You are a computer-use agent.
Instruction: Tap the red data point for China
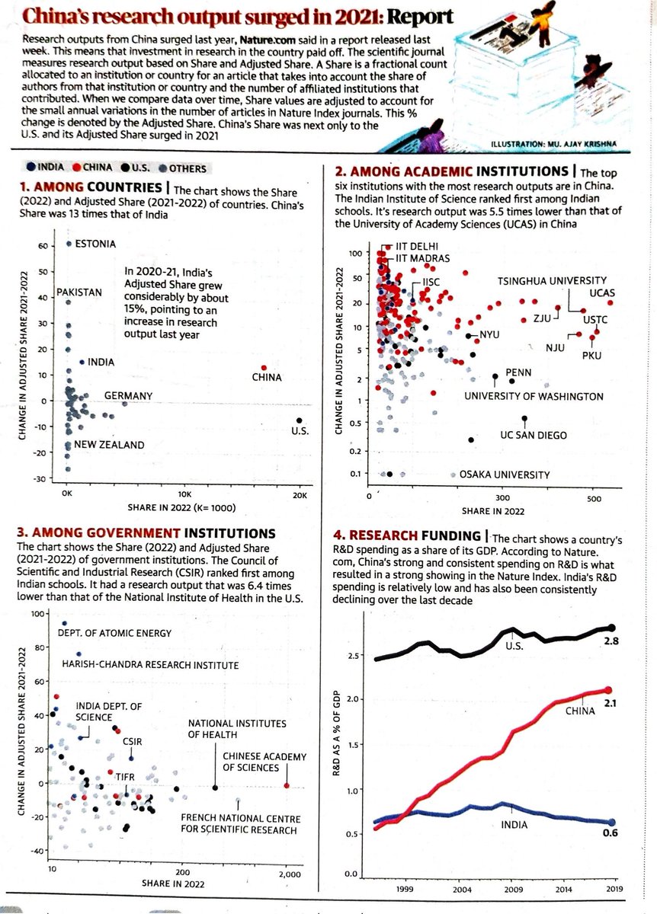click(x=264, y=368)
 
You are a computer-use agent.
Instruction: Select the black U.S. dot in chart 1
click(x=300, y=420)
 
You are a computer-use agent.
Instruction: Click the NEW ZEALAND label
click(x=109, y=444)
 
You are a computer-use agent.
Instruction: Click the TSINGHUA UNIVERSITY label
click(x=552, y=281)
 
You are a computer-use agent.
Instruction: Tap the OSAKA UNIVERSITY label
click(x=504, y=475)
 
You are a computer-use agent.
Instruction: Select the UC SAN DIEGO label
click(x=533, y=435)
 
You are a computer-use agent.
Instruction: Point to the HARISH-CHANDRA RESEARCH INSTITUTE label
click(x=150, y=665)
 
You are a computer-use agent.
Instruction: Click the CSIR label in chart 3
click(x=133, y=740)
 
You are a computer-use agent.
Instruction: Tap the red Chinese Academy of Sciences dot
click(x=287, y=785)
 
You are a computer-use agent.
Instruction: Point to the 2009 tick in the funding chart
click(x=512, y=889)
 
